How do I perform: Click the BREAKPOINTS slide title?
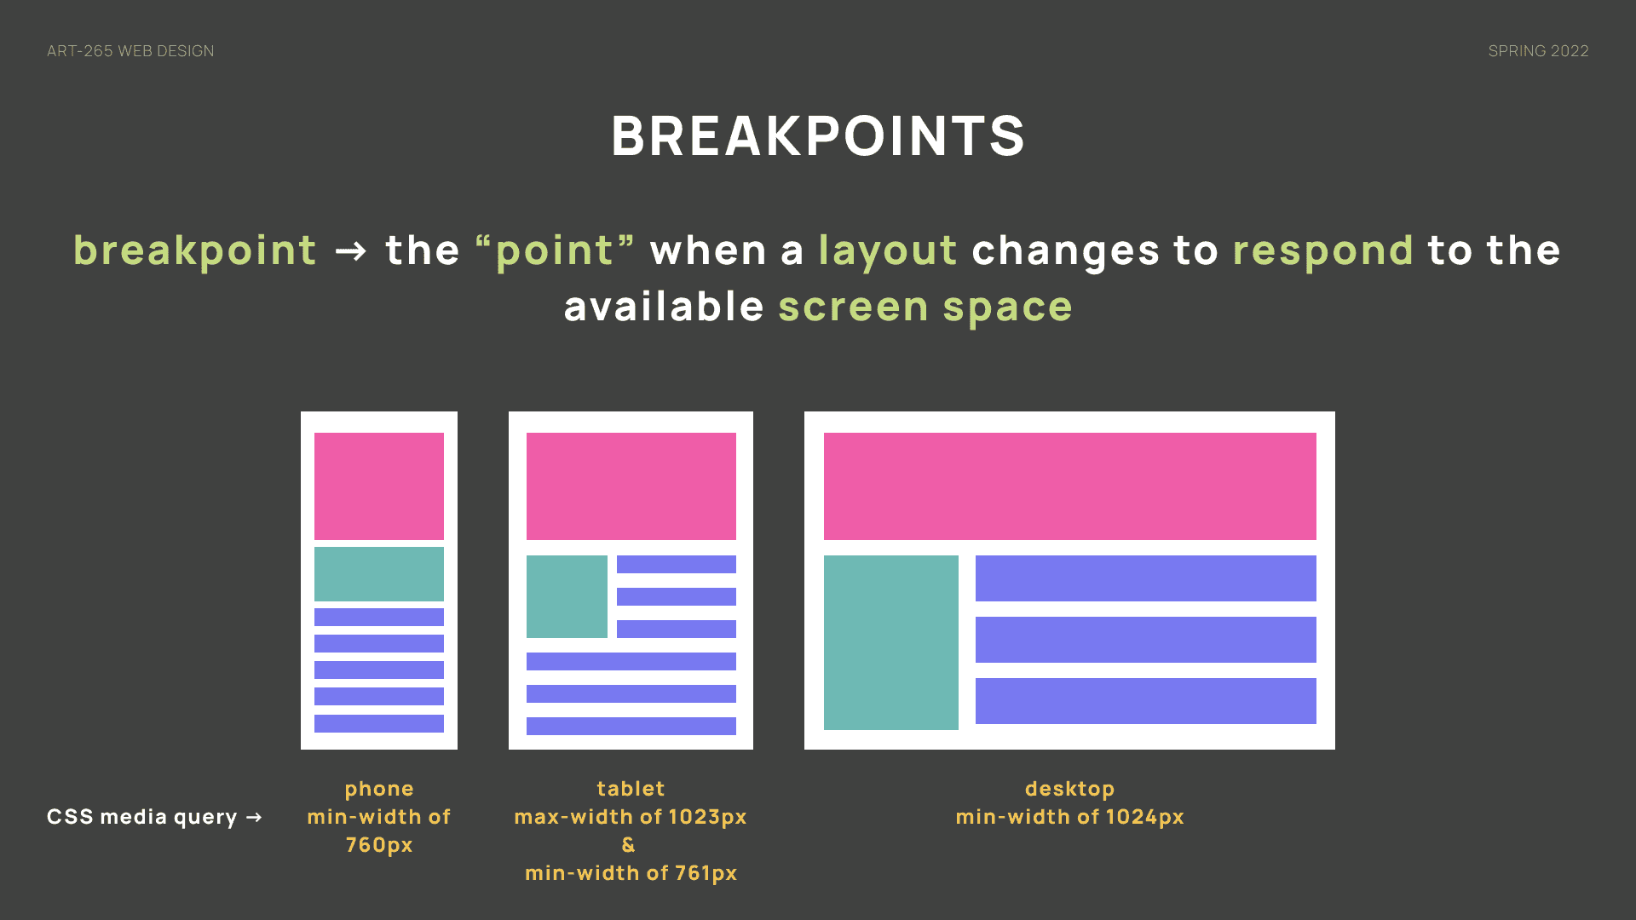pyautogui.click(x=818, y=135)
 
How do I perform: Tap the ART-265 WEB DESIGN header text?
pyautogui.click(x=130, y=51)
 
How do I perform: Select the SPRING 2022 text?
pyautogui.click(x=1538, y=51)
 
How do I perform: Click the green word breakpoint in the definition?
pyautogui.click(x=195, y=251)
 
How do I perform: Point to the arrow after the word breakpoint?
pyautogui.click(x=350, y=251)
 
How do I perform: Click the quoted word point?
pyautogui.click(x=555, y=251)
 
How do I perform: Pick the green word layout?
pyautogui.click(x=888, y=251)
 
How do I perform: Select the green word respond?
pyautogui.click(x=1323, y=251)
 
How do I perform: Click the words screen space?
pyautogui.click(x=925, y=307)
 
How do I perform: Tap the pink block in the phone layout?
pyautogui.click(x=379, y=486)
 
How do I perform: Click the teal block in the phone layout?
pyautogui.click(x=379, y=574)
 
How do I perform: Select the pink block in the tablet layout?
pyautogui.click(x=631, y=486)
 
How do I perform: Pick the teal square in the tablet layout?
pyautogui.click(x=567, y=596)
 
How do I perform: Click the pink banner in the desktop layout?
pyautogui.click(x=1070, y=486)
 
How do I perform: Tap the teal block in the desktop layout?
pyautogui.click(x=891, y=642)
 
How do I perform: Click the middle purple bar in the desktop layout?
pyautogui.click(x=1146, y=640)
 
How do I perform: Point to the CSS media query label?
pyautogui.click(x=141, y=817)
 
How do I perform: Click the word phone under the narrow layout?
pyautogui.click(x=379, y=789)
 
